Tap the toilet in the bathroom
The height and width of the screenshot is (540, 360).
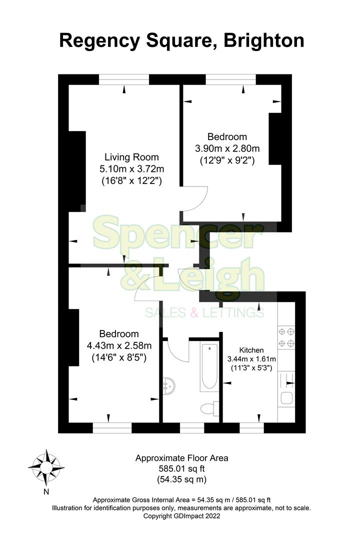[x=209, y=408]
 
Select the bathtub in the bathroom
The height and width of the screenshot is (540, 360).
[x=209, y=368]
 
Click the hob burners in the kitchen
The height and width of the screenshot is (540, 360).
[x=286, y=337]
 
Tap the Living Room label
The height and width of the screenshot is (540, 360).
[x=131, y=156]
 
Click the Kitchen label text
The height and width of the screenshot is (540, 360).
[x=251, y=350]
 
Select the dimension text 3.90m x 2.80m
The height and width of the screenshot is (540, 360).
[x=227, y=148]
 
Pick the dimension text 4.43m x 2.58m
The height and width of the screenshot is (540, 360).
[x=119, y=345]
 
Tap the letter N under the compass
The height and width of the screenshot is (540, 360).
[x=46, y=491]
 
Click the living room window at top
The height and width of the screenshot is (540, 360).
[x=124, y=79]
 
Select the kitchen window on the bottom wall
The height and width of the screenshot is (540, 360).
[x=251, y=428]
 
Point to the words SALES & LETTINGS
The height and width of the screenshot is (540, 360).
[x=204, y=313]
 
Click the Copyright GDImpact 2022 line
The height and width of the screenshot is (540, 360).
[x=182, y=515]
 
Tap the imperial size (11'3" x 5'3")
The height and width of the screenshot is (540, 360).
[x=251, y=368]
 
